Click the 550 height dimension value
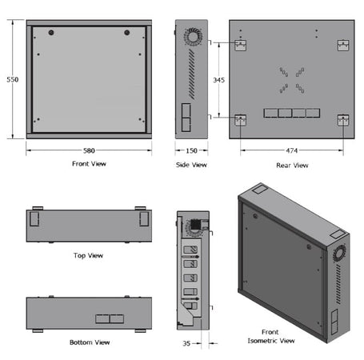(x=10, y=80)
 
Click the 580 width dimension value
(x=88, y=150)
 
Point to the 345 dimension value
(x=218, y=80)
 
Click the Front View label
(x=88, y=164)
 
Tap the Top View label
(x=88, y=255)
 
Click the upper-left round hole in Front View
(x=50, y=33)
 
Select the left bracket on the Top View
(x=36, y=217)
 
